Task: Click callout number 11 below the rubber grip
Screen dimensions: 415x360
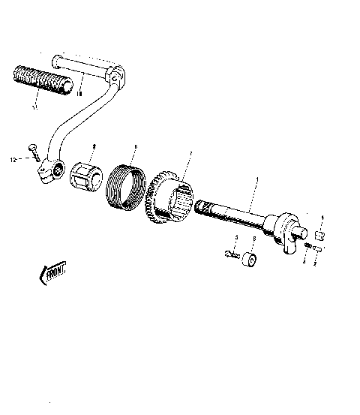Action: (x=33, y=107)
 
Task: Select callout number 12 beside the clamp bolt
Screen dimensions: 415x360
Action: (x=13, y=158)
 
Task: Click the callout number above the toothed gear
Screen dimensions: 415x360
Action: (x=190, y=153)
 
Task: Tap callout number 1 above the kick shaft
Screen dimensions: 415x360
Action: (x=257, y=181)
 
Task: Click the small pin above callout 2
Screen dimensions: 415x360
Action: (x=317, y=250)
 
